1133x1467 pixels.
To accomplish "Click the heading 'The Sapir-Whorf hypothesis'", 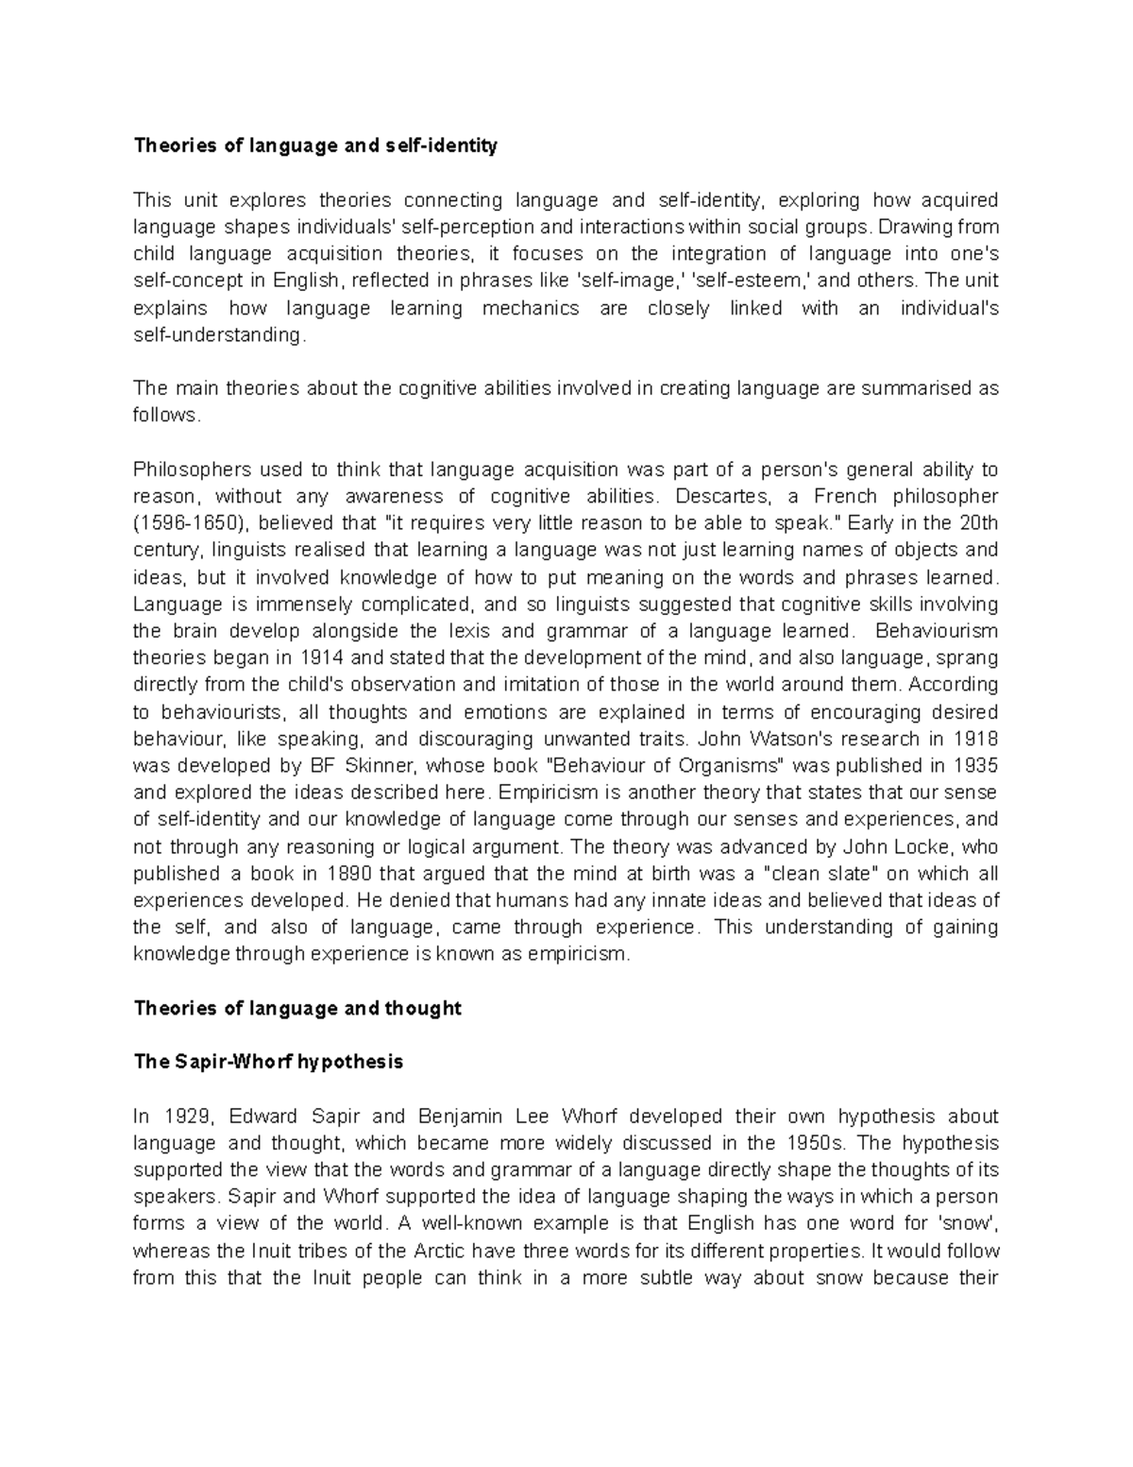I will (x=268, y=1062).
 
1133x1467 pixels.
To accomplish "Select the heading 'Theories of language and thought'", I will (x=297, y=1008).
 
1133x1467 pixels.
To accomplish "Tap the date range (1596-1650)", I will (x=188, y=523).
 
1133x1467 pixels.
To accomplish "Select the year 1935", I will (x=977, y=765).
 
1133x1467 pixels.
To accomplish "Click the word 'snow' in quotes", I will (x=972, y=1223).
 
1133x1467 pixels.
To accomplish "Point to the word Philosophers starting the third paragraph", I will (x=192, y=469).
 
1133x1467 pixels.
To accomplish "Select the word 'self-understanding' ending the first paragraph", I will (x=219, y=335).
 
